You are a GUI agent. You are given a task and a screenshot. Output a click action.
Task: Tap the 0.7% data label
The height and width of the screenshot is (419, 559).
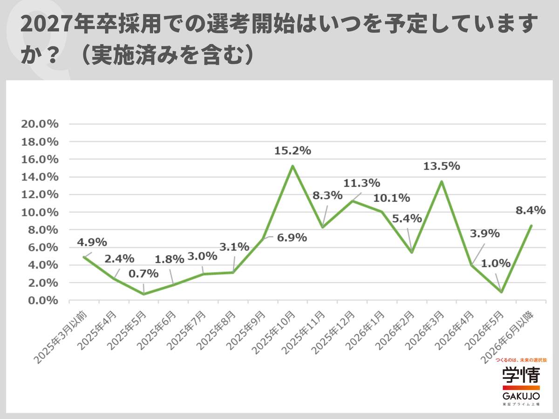pyautogui.click(x=143, y=274)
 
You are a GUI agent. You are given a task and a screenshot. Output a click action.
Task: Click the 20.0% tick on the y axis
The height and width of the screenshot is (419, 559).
pyautogui.click(x=40, y=124)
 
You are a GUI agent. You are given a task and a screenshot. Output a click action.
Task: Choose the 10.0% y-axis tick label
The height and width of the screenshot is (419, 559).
pyautogui.click(x=40, y=212)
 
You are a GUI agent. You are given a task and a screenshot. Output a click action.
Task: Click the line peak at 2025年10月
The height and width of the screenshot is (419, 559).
pyautogui.click(x=293, y=166)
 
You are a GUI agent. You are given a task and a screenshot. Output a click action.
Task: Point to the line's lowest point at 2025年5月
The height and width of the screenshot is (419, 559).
pyautogui.click(x=143, y=294)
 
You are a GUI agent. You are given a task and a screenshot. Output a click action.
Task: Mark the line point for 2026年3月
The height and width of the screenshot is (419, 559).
pyautogui.click(x=442, y=181)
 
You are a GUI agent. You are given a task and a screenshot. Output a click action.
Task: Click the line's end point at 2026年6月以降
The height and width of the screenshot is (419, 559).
pyautogui.click(x=531, y=226)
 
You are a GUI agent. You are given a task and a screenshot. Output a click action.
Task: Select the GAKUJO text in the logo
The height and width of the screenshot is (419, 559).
pyautogui.click(x=521, y=396)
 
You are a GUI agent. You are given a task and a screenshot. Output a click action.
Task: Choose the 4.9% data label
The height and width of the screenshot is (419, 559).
pyautogui.click(x=92, y=242)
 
